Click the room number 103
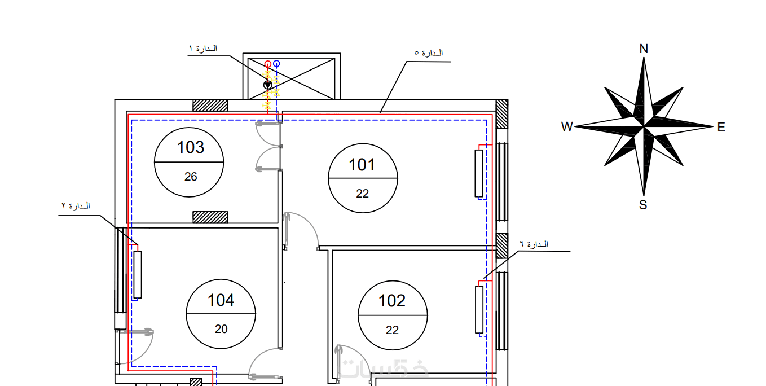(191, 147)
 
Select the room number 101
(362, 165)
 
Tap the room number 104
(221, 300)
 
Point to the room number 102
(392, 301)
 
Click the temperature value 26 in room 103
(191, 177)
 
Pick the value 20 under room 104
(221, 329)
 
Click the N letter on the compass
(644, 49)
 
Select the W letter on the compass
(567, 126)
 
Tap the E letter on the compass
(721, 128)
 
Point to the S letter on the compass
(643, 205)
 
